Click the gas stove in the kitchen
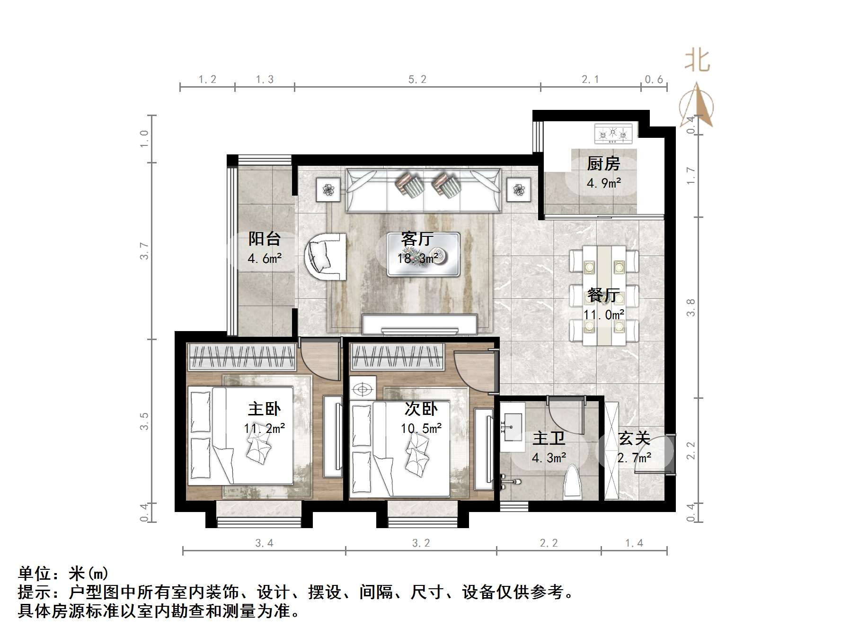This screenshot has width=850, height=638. click(613, 134)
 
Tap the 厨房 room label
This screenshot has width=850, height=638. click(603, 164)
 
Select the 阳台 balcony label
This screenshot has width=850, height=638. click(265, 239)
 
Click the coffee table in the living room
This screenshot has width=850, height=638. click(423, 254)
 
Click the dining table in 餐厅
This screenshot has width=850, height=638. click(603, 295)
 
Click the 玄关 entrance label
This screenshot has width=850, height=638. click(634, 439)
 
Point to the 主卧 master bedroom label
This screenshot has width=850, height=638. click(265, 409)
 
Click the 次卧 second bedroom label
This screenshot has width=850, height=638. click(421, 409)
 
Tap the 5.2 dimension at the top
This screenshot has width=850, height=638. click(417, 80)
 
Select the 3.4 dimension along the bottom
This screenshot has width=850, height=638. click(264, 543)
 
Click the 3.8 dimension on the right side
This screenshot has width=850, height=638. click(691, 307)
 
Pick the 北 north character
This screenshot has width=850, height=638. click(698, 62)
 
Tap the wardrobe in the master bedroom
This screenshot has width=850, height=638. click(242, 357)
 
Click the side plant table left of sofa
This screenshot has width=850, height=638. click(328, 189)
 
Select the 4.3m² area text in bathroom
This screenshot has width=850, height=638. click(549, 458)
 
